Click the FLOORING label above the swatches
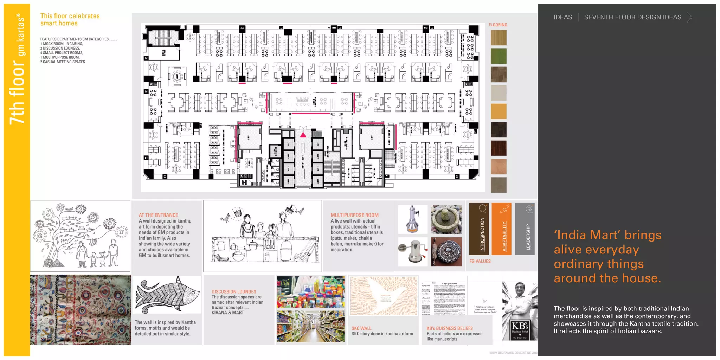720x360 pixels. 498,25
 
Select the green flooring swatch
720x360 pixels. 499,56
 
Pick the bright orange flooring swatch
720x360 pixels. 499,111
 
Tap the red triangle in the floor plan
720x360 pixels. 303,135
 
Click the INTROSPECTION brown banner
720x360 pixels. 479,229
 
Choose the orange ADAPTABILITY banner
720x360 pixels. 501,229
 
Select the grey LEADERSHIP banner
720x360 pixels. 525,229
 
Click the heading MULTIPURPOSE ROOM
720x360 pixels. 354,215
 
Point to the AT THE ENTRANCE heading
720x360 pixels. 158,215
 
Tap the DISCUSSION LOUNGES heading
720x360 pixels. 234,291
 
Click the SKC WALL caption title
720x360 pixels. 361,328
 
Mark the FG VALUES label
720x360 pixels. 480,261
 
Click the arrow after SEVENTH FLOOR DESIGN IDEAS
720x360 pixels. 689,17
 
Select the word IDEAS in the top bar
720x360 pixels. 562,17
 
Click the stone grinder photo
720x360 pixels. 446,219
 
